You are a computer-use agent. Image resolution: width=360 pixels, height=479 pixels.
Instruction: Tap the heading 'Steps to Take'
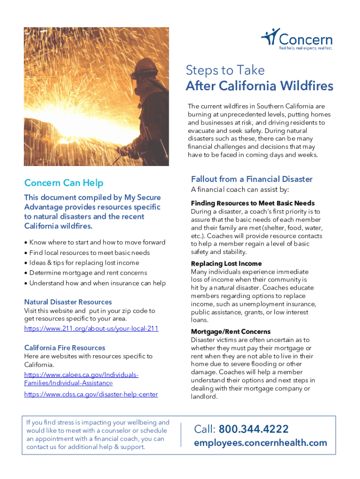(225, 70)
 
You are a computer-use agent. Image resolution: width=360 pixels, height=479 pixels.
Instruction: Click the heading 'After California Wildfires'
(259, 86)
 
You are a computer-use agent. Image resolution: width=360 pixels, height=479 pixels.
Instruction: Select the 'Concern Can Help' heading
(64, 183)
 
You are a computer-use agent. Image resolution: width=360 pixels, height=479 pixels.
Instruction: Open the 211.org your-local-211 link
(91, 328)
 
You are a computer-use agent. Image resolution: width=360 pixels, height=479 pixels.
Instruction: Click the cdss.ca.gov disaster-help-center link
(91, 394)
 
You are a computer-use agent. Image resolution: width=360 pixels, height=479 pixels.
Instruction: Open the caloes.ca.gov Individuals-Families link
(80, 379)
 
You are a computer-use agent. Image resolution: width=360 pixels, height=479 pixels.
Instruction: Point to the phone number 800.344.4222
(253, 429)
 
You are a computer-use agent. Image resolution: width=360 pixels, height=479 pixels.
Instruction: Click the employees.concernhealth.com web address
(260, 443)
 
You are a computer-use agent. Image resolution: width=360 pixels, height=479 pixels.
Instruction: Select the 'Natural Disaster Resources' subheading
(68, 302)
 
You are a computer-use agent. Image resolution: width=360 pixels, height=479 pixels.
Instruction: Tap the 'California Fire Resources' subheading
(65, 348)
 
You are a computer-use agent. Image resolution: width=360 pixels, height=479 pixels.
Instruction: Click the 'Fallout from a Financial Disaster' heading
(252, 179)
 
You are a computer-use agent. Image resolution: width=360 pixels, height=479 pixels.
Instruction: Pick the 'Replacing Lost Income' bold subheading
(226, 263)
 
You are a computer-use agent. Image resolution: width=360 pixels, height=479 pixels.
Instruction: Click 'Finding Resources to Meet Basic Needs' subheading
(252, 203)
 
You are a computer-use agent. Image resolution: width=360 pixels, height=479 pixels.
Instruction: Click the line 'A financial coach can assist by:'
(240, 190)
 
